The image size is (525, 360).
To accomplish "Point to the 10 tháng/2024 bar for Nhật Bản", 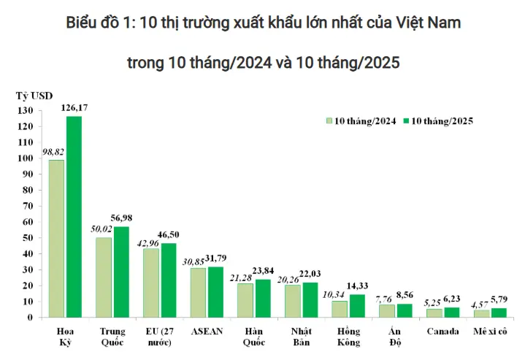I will coord(292,301).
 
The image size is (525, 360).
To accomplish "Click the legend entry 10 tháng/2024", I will coord(364,121).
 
